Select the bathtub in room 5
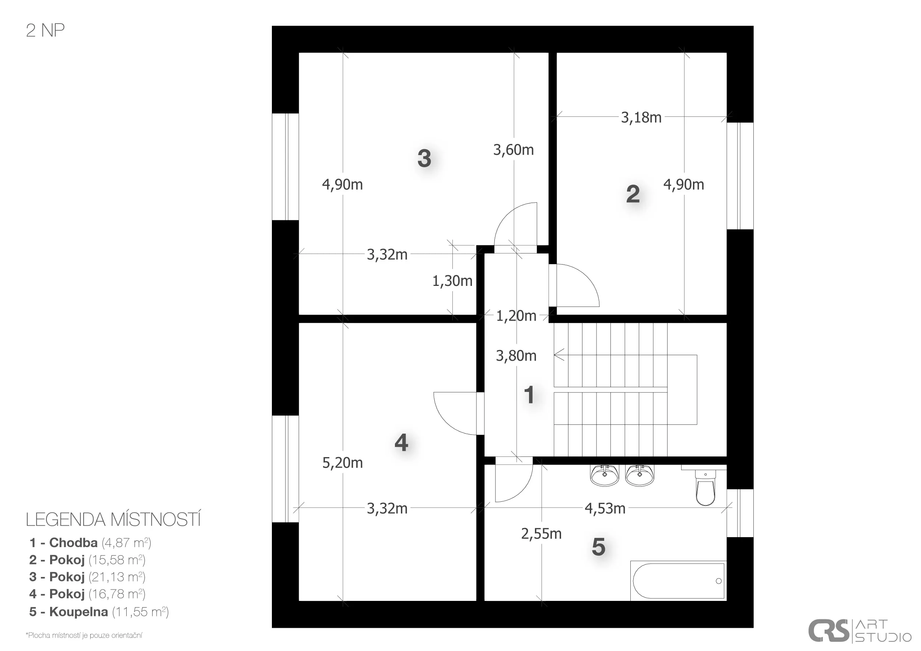pos(678,580)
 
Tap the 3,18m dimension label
pos(641,118)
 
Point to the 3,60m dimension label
pos(514,150)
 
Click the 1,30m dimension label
pos(452,281)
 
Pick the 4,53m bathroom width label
pos(605,509)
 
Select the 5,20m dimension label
pos(343,463)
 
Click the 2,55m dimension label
pos(541,534)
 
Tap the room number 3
pos(424,158)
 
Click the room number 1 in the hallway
pos(529,395)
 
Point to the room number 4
pos(402,443)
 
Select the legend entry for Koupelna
pos(99,612)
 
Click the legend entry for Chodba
pos(90,543)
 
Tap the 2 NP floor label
pos(45,31)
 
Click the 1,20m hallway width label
pos(516,316)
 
